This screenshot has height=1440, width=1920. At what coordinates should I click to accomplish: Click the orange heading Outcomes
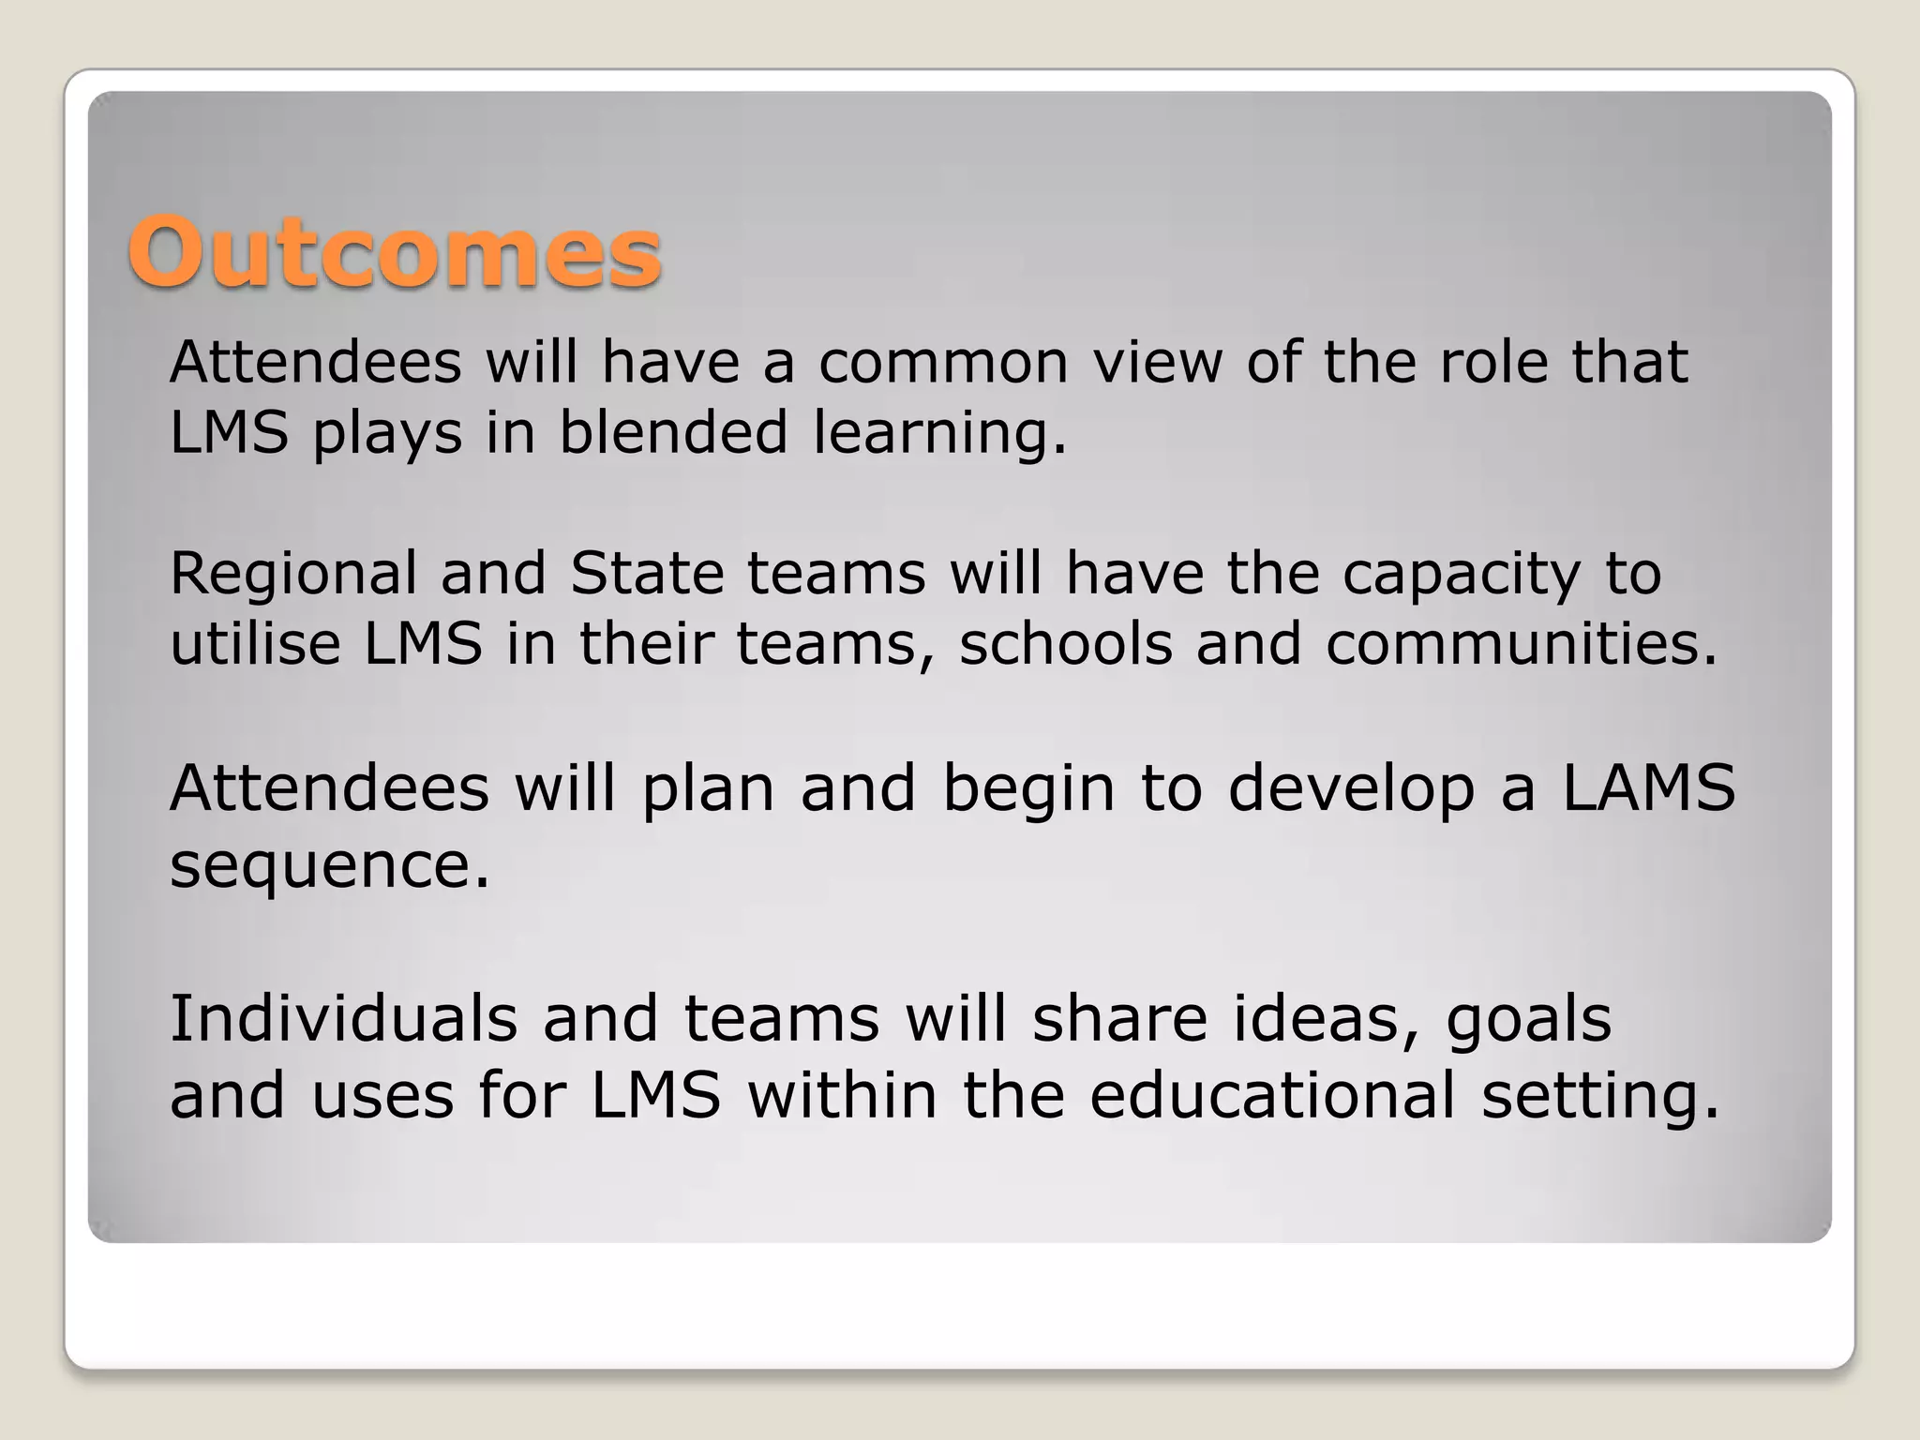click(395, 252)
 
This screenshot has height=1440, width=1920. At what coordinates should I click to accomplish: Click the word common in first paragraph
click(943, 363)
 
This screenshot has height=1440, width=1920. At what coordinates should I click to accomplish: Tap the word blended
click(673, 434)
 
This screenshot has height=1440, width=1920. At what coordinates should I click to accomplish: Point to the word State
click(646, 574)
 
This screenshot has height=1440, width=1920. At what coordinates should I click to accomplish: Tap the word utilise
click(255, 644)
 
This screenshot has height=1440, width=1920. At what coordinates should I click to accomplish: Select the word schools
click(1065, 644)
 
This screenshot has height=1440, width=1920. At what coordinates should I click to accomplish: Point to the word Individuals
click(343, 1019)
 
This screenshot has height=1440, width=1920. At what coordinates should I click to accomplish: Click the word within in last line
click(842, 1095)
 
